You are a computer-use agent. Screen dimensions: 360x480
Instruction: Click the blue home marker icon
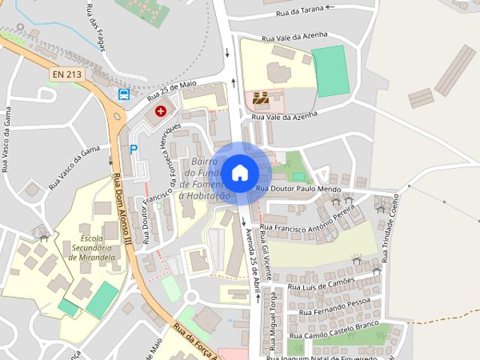(x=239, y=172)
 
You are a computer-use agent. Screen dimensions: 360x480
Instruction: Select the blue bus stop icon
(x=124, y=94)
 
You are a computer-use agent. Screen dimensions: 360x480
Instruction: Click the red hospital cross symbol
(x=160, y=111)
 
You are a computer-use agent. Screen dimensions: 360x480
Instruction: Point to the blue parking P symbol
(x=133, y=148)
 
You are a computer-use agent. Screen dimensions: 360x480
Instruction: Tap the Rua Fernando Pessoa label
(x=329, y=306)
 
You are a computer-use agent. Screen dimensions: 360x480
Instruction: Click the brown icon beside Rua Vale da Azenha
(x=260, y=97)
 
